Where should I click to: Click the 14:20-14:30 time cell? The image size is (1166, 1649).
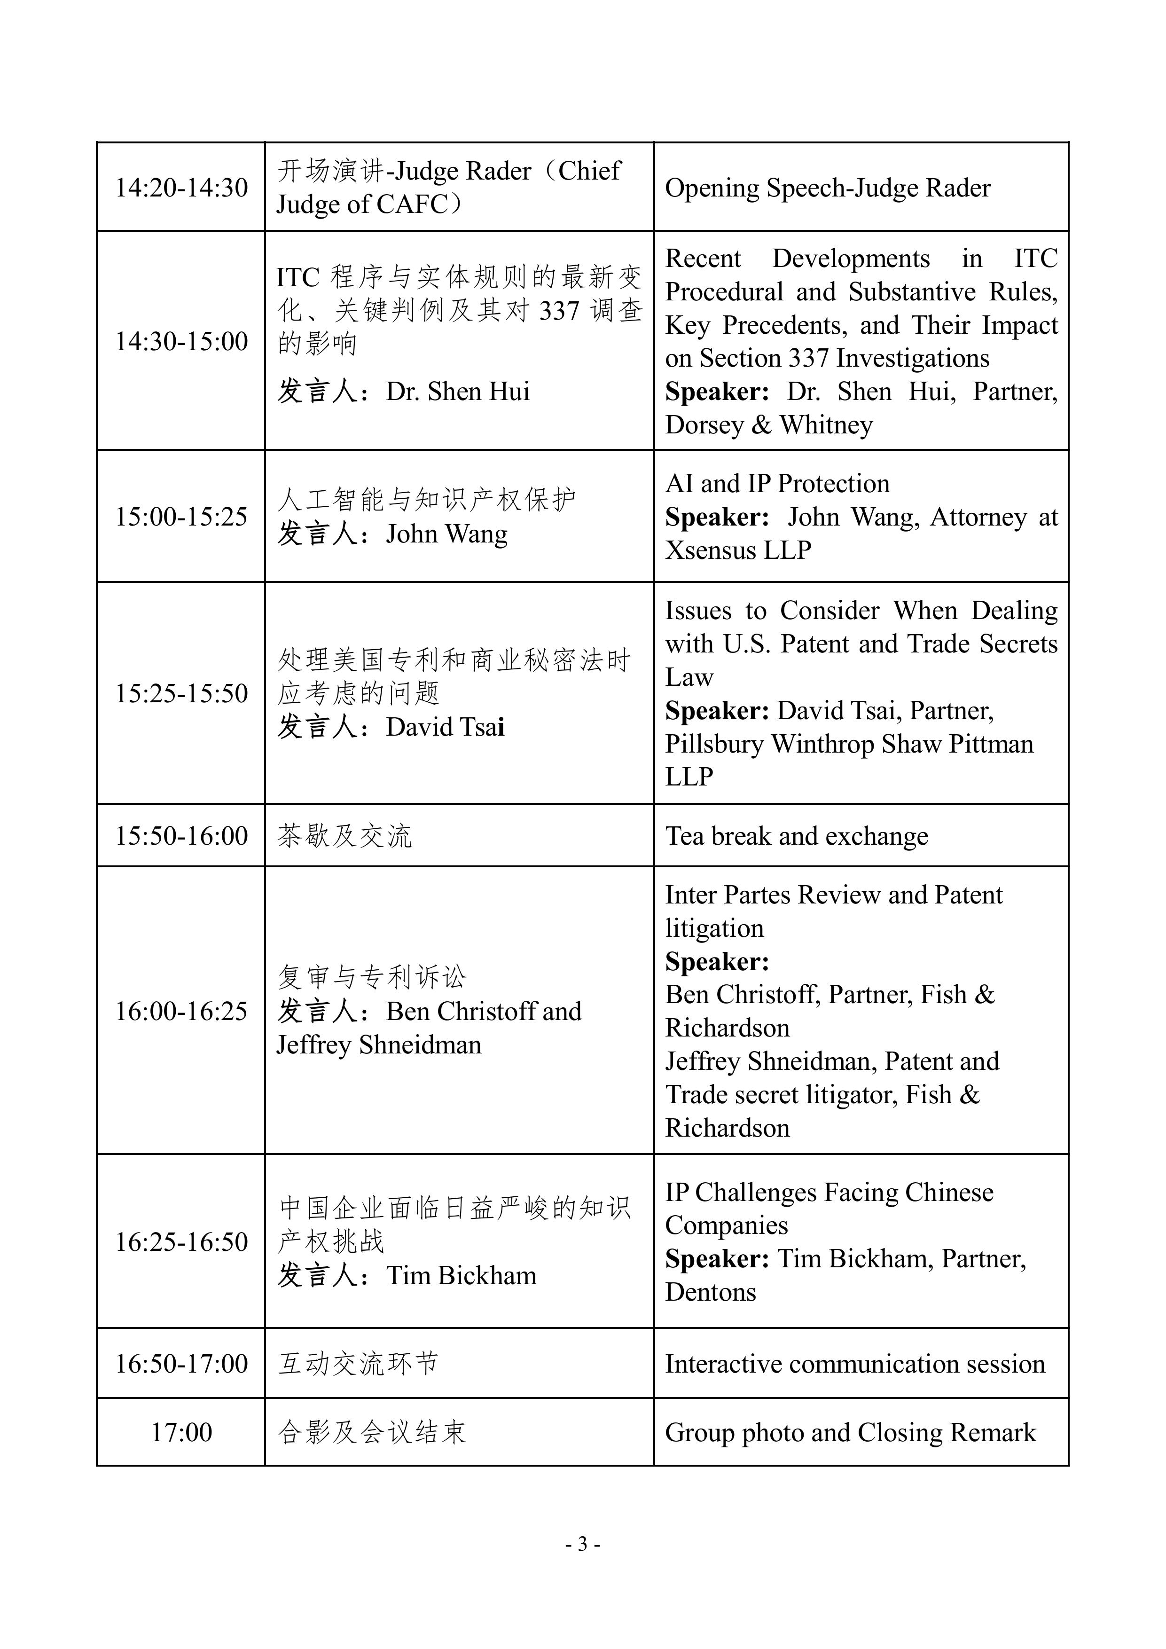[182, 188]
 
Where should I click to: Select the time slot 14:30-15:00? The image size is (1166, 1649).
[182, 341]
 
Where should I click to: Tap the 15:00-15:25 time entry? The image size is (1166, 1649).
[182, 517]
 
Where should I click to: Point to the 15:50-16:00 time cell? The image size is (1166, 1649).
[182, 836]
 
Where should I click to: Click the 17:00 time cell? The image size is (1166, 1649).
[182, 1432]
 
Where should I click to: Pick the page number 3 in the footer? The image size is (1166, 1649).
[582, 1543]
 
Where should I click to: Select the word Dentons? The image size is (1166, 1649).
[710, 1292]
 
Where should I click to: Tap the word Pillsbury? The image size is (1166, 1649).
[714, 744]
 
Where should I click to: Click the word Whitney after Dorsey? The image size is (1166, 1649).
[826, 425]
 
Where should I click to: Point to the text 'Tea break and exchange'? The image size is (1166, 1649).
[796, 836]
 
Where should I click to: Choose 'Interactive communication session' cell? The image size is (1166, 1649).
[854, 1363]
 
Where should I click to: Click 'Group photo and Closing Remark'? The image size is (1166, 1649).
[850, 1432]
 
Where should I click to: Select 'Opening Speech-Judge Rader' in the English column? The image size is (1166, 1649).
[827, 188]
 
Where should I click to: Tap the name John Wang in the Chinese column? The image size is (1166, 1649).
[446, 534]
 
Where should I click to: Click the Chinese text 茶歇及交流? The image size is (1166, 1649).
[344, 836]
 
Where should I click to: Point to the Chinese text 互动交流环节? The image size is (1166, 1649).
[358, 1363]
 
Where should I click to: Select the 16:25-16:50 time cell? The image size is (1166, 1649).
[182, 1242]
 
